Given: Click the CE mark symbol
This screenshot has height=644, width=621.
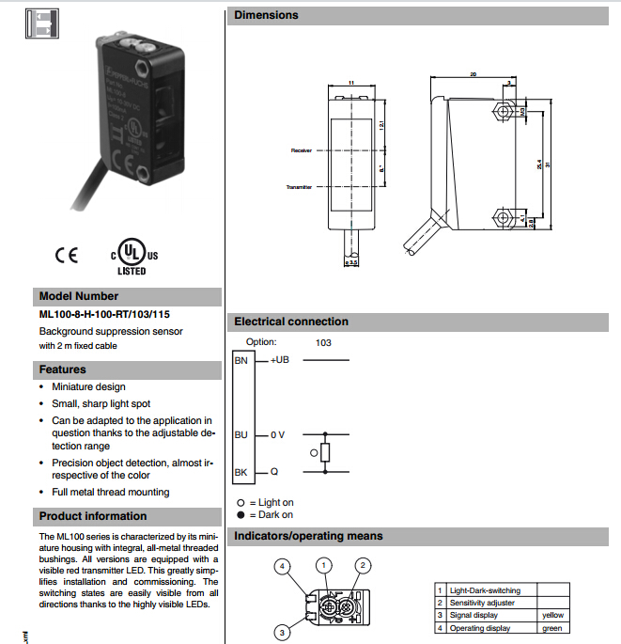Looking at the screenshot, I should (x=67, y=255).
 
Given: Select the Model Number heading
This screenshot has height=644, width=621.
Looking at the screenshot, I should (x=79, y=295).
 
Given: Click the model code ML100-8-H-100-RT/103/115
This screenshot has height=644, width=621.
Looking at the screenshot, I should (x=104, y=314).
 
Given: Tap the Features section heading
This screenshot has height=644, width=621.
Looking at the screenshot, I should (x=62, y=369).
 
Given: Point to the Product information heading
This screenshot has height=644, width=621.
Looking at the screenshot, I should (x=93, y=516).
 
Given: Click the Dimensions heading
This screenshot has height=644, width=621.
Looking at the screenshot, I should (x=267, y=15).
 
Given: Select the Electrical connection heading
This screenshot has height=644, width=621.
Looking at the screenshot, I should (x=291, y=322).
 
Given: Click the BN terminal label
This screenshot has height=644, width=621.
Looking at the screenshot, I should (x=241, y=360).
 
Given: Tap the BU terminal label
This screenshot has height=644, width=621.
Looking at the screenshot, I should (x=241, y=434).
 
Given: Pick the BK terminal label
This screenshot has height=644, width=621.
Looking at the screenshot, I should (x=241, y=472).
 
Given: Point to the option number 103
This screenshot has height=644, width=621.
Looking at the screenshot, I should (x=324, y=343).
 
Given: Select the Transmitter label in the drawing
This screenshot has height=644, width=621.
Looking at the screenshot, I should (x=299, y=187).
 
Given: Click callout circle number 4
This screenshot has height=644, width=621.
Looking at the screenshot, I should (x=281, y=566).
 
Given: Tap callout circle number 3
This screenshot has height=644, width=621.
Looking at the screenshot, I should (x=281, y=633).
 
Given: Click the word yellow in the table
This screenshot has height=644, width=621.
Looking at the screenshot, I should (x=553, y=615).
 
